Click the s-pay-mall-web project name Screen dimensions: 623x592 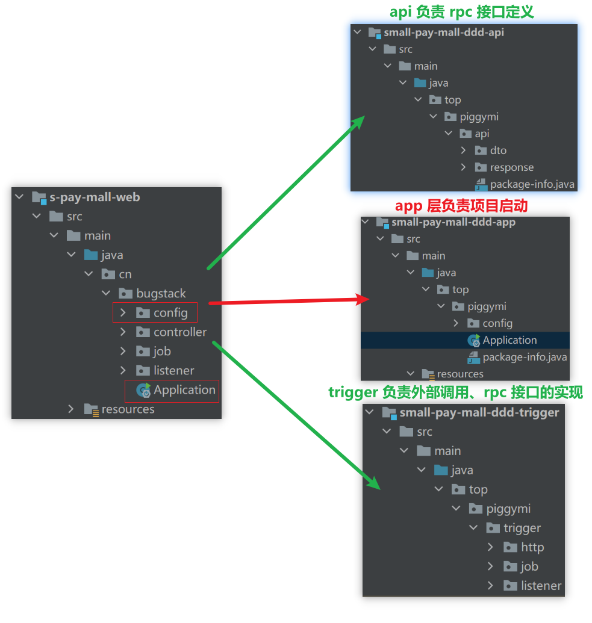pyautogui.click(x=95, y=197)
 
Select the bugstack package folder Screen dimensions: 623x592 pyautogui.click(x=161, y=294)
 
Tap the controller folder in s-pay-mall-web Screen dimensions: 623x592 pyautogui.click(x=179, y=332)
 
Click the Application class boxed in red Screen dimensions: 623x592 pyautogui.click(x=184, y=390)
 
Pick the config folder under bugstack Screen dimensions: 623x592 pyautogui.click(x=170, y=313)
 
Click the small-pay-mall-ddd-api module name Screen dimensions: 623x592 pyautogui.click(x=443, y=33)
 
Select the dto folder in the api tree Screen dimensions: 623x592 pyautogui.click(x=498, y=150)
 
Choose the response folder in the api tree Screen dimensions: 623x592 pyautogui.click(x=511, y=167)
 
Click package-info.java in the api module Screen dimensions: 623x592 pyautogui.click(x=532, y=184)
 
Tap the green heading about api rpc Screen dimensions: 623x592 pyautogui.click(x=461, y=12)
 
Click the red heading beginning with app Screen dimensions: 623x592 pyautogui.click(x=461, y=206)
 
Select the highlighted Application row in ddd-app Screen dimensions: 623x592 pyautogui.click(x=509, y=340)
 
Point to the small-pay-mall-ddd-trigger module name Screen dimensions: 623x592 pyautogui.click(x=479, y=413)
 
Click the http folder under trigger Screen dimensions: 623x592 pyautogui.click(x=532, y=547)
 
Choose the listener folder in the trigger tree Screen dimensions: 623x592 pyautogui.click(x=541, y=586)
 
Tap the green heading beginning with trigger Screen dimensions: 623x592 pyautogui.click(x=455, y=393)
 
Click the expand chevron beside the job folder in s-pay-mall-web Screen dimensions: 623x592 pyautogui.click(x=123, y=352)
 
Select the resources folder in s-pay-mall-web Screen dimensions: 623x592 pyautogui.click(x=128, y=409)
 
